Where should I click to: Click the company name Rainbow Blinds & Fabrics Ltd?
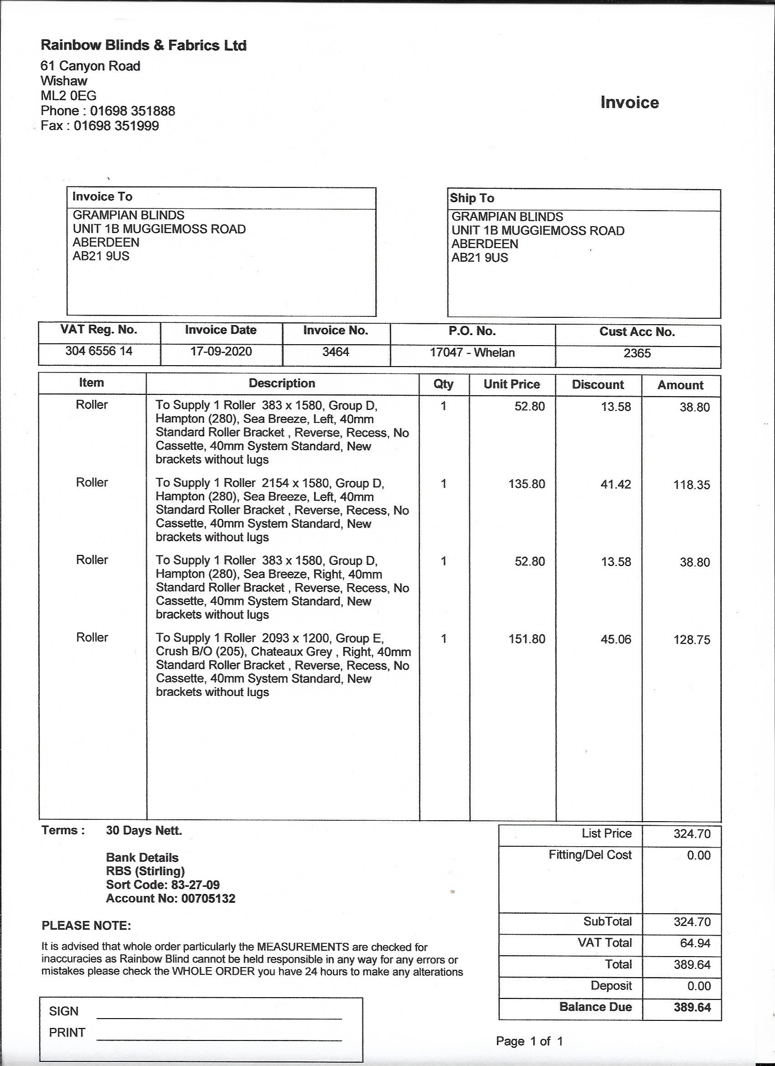pyautogui.click(x=143, y=45)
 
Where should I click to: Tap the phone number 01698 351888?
pyautogui.click(x=133, y=111)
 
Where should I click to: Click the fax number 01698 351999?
pyautogui.click(x=117, y=126)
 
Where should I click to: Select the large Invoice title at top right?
pyautogui.click(x=629, y=103)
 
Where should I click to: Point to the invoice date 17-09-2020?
pyautogui.click(x=221, y=351)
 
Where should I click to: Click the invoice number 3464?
pyautogui.click(x=336, y=352)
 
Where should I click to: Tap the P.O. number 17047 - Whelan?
pyautogui.click(x=472, y=352)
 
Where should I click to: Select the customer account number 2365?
pyautogui.click(x=637, y=353)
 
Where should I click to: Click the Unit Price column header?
pyautogui.click(x=512, y=384)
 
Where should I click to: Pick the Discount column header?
pyautogui.click(x=598, y=385)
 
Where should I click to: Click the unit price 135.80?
pyautogui.click(x=527, y=484)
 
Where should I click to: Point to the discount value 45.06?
pyautogui.click(x=616, y=639)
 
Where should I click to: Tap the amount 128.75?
pyautogui.click(x=692, y=640)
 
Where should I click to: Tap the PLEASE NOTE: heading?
pyautogui.click(x=87, y=926)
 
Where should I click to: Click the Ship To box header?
pyautogui.click(x=472, y=198)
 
